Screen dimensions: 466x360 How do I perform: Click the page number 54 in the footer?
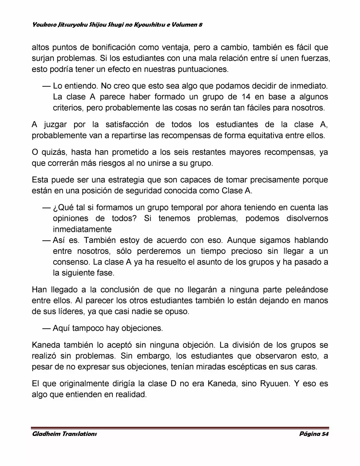[325, 434]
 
